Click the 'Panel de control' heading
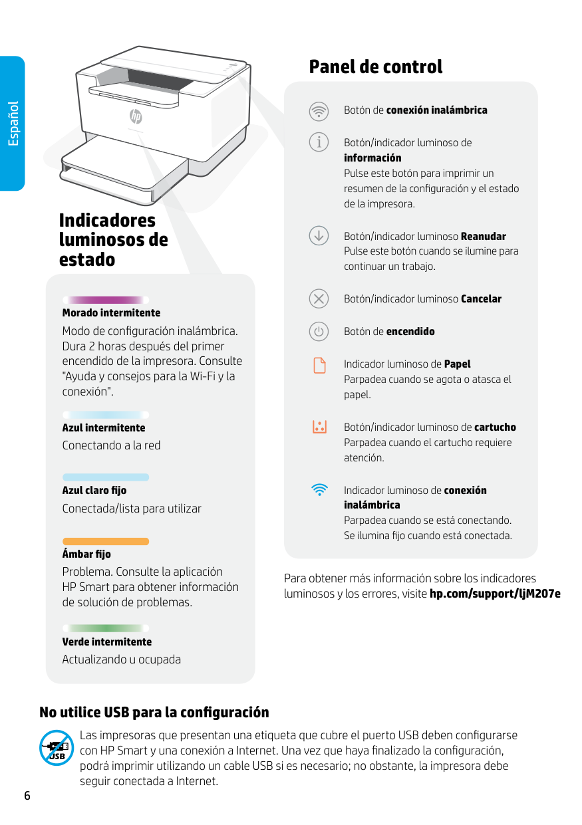tap(375, 66)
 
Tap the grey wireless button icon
tap(319, 110)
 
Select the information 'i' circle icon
tap(319, 142)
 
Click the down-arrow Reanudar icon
tap(319, 235)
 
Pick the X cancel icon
tap(319, 298)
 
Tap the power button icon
tap(319, 331)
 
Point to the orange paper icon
tap(319, 365)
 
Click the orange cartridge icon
tap(319, 427)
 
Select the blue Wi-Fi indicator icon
tap(319, 490)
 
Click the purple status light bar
tap(106, 300)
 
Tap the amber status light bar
tap(106, 541)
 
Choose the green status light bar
tap(106, 628)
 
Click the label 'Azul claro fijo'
tap(94, 491)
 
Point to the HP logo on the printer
tap(136, 117)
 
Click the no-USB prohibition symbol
tap(57, 748)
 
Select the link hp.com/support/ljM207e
tap(495, 593)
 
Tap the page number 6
tap(27, 796)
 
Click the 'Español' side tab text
tap(13, 124)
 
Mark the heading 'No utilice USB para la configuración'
tap(154, 713)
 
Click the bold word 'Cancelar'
tap(481, 299)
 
